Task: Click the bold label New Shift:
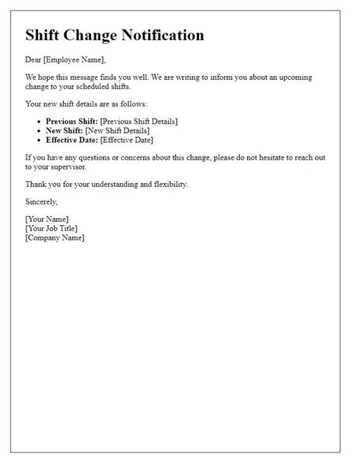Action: point(65,130)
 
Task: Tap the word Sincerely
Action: point(42,202)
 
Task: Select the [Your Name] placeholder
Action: point(47,220)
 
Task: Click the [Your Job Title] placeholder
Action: point(52,228)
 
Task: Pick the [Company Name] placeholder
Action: point(55,237)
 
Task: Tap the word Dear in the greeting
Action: point(35,58)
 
